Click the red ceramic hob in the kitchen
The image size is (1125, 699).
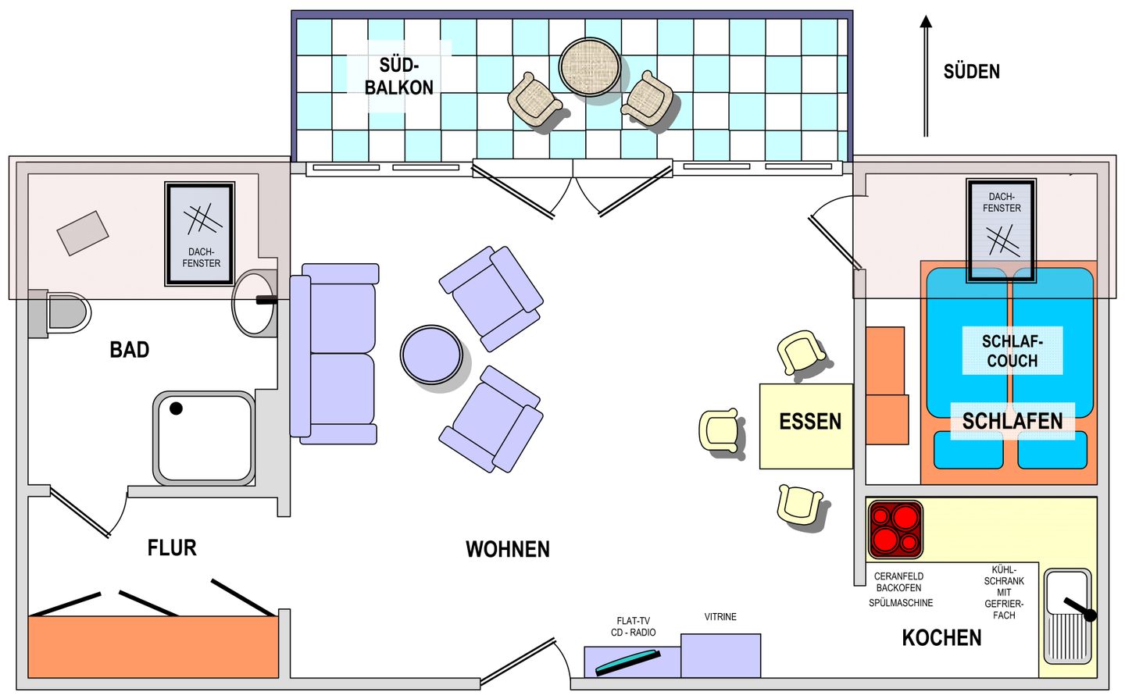895,530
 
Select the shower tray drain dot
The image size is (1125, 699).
176,408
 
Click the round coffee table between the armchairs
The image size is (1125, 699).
431,355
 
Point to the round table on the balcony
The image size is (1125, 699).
589,67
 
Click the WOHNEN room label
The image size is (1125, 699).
508,549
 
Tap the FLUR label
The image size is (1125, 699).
172,547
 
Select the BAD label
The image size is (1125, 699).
130,350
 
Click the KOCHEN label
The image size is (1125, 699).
941,638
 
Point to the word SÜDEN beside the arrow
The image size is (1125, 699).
972,72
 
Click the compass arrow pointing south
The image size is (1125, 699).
926,76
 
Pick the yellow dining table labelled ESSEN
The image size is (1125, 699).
806,426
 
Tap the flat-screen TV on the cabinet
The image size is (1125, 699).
628,662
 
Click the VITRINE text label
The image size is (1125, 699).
720,617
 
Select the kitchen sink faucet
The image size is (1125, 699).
1078,609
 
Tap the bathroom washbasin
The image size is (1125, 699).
253,303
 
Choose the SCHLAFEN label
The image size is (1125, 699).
1012,421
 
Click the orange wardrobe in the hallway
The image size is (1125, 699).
153,647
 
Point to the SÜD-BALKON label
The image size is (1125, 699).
399,77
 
